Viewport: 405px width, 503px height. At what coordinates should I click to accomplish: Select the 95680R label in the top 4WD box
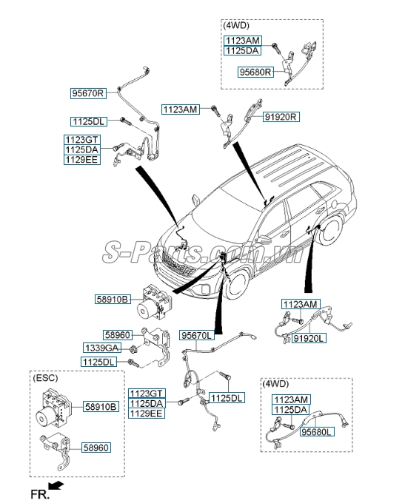[255, 72]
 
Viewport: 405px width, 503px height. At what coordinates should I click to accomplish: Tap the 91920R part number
[281, 117]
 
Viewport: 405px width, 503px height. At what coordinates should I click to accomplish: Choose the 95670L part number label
[197, 335]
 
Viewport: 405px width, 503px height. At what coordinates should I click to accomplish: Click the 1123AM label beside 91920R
[181, 109]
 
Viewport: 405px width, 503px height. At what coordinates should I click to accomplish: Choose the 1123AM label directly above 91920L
[300, 303]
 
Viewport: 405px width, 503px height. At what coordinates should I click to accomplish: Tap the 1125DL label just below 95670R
[89, 121]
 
